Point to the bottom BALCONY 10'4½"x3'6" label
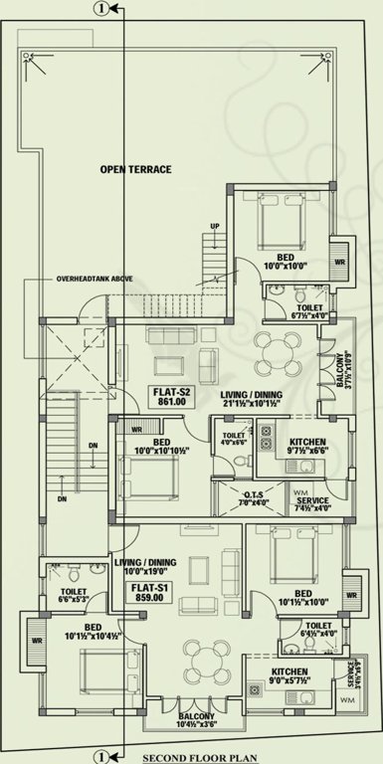[x=196, y=721]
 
